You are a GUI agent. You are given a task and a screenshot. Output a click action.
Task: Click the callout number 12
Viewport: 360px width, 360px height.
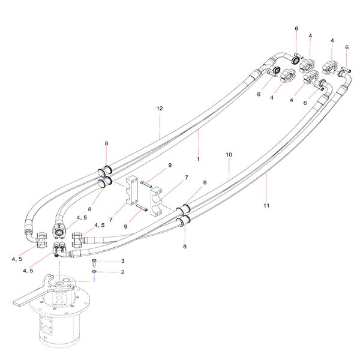(160, 109)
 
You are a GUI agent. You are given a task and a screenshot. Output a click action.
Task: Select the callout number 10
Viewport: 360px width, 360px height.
(229, 155)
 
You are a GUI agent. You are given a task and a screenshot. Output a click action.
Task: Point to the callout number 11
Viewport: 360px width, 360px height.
(266, 206)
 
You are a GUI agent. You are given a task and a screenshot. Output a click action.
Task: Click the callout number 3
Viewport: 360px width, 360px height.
(122, 261)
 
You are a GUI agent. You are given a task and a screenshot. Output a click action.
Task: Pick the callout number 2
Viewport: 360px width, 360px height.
(122, 272)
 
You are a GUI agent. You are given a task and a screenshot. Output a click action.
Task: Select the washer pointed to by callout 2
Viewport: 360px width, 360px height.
(95, 272)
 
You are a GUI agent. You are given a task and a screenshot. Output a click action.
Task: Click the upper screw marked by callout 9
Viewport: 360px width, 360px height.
(147, 184)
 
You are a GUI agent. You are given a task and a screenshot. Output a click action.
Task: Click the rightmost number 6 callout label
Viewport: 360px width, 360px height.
(346, 47)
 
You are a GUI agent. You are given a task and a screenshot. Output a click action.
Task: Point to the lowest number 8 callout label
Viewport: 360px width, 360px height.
(185, 246)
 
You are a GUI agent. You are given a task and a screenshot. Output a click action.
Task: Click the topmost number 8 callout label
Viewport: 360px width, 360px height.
(106, 144)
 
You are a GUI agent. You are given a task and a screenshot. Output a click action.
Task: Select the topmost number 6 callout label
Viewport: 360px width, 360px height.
(296, 29)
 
